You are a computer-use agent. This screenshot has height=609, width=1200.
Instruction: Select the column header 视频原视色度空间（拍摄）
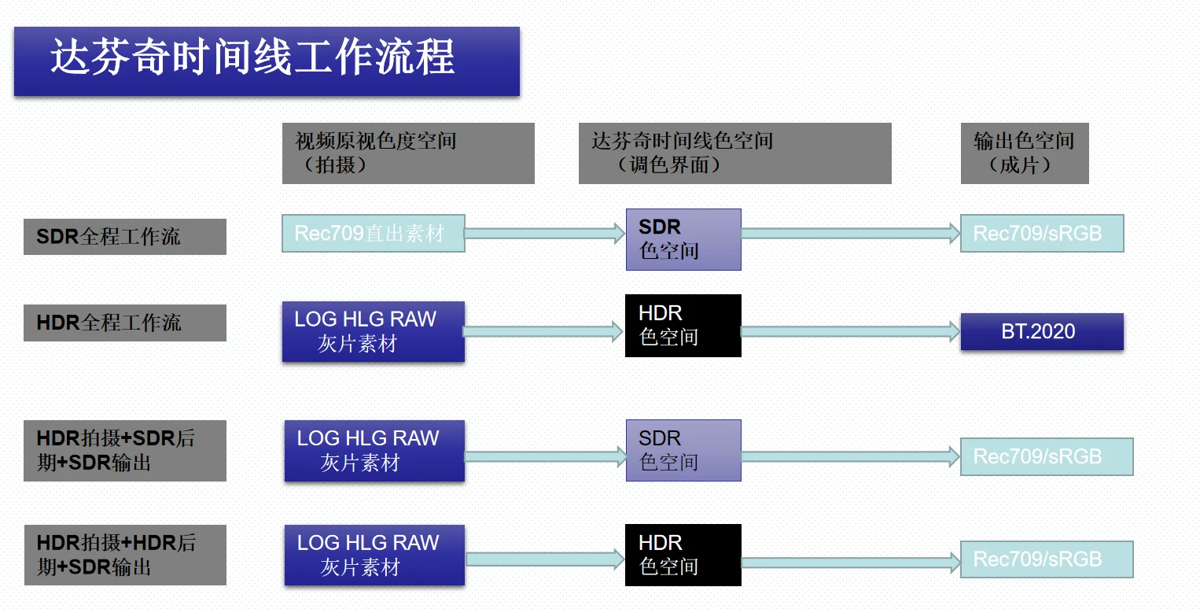click(x=407, y=153)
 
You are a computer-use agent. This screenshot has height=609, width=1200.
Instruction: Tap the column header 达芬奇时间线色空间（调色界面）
click(x=734, y=153)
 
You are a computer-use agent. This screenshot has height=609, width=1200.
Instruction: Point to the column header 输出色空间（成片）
click(x=1024, y=153)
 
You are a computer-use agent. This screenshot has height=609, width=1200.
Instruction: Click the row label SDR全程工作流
click(x=124, y=237)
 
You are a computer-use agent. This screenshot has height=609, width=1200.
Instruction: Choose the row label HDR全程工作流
click(x=124, y=323)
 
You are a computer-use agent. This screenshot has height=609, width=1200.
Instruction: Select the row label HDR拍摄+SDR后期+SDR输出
click(x=124, y=451)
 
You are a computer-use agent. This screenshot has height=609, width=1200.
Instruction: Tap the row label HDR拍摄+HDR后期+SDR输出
click(x=124, y=555)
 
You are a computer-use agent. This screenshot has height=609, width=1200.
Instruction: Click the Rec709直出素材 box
click(x=373, y=233)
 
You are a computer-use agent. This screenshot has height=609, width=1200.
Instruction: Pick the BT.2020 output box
click(x=1041, y=331)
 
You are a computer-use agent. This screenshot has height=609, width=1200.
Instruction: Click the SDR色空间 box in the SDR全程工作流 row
click(x=683, y=239)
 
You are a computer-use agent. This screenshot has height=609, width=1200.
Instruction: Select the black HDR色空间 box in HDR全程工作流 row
click(x=683, y=326)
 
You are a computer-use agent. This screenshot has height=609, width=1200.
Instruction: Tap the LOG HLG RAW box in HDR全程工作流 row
click(x=373, y=331)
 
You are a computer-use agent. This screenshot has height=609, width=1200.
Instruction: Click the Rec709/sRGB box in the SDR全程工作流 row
click(x=1041, y=234)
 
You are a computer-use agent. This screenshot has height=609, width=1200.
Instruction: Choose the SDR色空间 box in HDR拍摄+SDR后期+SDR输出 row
click(x=683, y=450)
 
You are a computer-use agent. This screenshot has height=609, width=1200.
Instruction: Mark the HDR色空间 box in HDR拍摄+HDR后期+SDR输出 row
click(x=683, y=555)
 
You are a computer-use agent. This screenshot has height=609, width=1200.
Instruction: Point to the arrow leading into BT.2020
click(x=849, y=332)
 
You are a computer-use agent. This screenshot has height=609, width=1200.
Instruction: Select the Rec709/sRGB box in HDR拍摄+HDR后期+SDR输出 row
click(x=1046, y=560)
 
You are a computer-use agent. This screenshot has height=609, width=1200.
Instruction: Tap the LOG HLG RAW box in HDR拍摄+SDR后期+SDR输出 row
click(x=374, y=451)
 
